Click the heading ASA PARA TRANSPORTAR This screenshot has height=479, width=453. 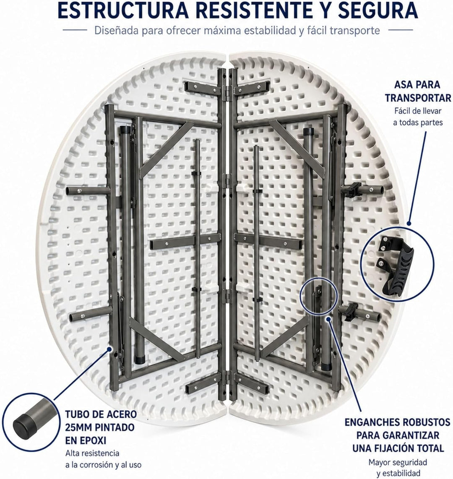pyautogui.click(x=417, y=91)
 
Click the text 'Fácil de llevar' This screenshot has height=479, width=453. pyautogui.click(x=418, y=111)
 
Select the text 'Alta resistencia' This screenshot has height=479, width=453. pyautogui.click(x=92, y=453)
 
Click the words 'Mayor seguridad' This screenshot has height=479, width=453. pyautogui.click(x=398, y=462)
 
